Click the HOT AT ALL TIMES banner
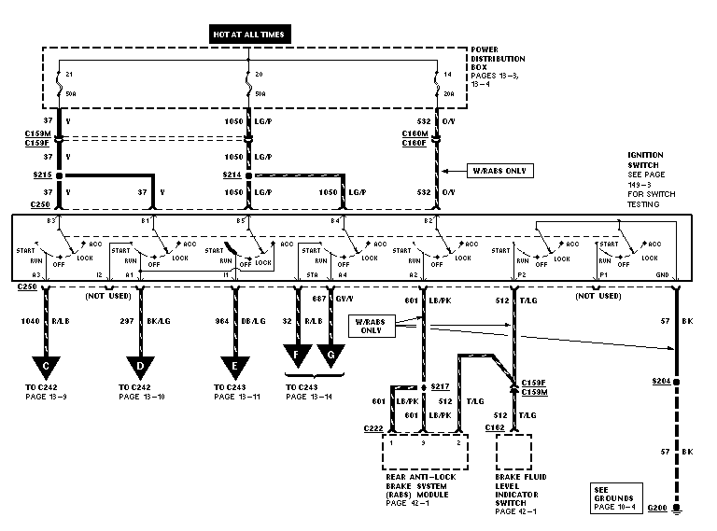pos(247,34)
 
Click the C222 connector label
pos(373,428)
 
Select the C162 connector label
pos(495,427)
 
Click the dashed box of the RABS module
pos(423,453)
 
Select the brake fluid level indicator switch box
pos(513,453)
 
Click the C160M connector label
pos(415,133)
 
